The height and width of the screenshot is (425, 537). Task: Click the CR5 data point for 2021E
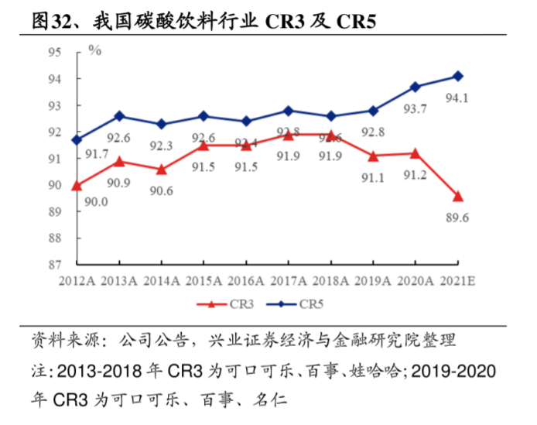click(458, 76)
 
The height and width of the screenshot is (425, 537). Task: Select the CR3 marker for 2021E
click(458, 196)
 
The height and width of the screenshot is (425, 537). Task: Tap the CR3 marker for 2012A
click(77, 185)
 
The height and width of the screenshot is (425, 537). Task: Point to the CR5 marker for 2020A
click(416, 87)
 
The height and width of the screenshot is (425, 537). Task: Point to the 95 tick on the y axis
click(54, 53)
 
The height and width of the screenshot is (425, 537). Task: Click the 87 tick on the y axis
click(54, 265)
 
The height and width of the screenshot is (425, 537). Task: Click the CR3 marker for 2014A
click(161, 169)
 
